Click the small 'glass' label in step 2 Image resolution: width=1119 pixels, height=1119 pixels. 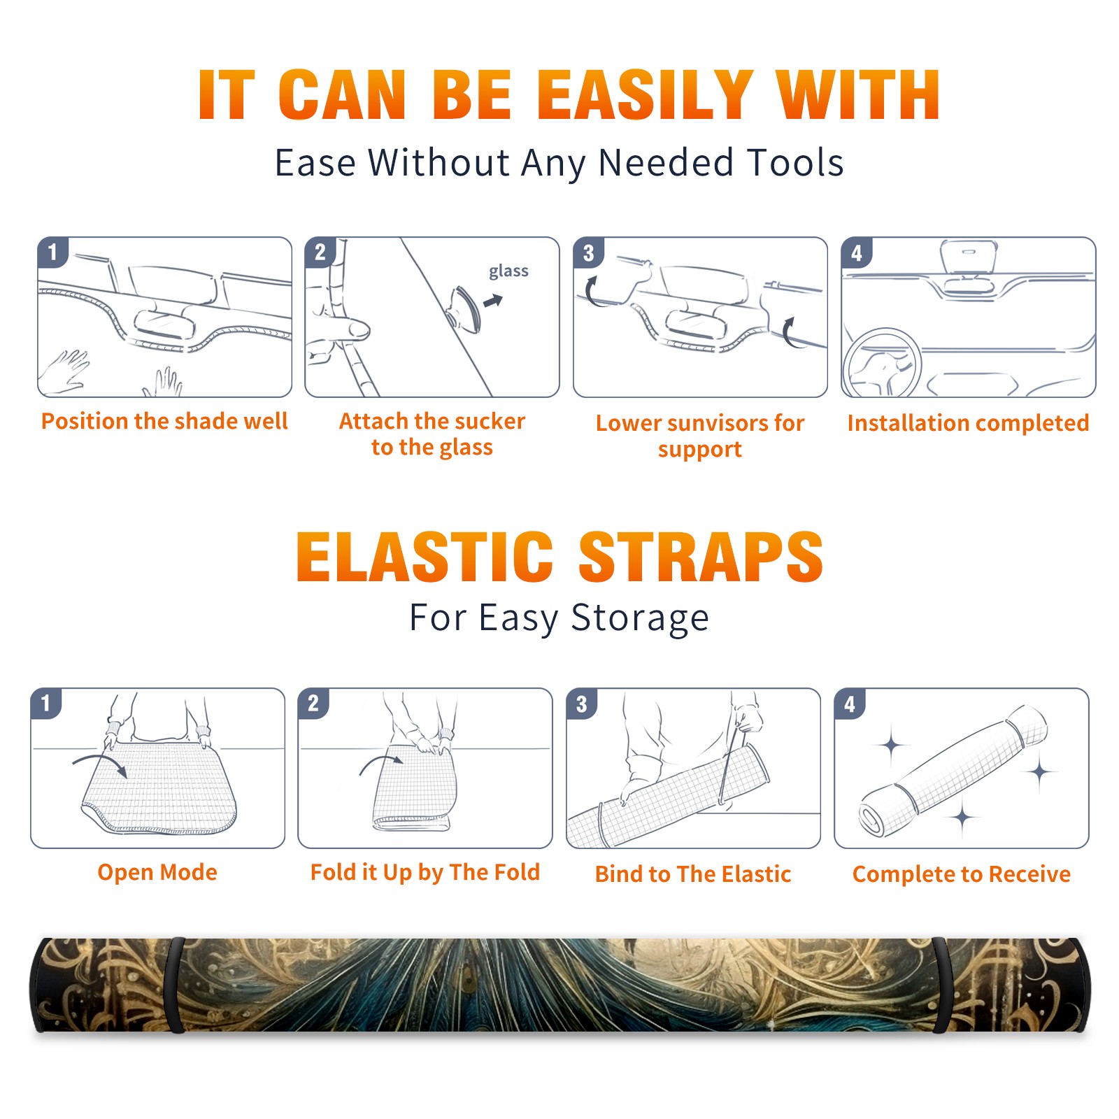508,271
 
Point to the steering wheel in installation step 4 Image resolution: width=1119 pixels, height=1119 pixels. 882,364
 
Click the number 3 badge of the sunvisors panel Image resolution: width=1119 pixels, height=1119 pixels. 588,252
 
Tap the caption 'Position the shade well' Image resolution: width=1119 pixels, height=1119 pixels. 164,421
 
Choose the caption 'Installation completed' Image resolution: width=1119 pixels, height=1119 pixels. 968,422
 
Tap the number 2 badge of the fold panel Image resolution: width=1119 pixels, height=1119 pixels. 313,703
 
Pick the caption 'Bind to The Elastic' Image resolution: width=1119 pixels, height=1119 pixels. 693,874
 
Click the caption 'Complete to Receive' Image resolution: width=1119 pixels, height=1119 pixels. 962,874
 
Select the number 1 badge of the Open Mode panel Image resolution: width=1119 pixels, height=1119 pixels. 45,703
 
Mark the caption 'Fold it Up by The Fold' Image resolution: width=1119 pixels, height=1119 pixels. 425,872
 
